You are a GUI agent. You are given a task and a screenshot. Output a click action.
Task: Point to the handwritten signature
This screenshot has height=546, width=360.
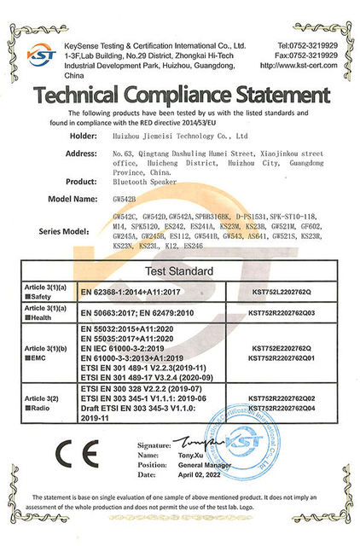pos(198,443)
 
